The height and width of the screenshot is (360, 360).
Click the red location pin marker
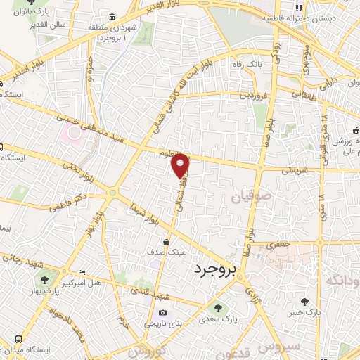coord(181,164)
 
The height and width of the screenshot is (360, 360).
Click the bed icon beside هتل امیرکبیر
coord(83,271)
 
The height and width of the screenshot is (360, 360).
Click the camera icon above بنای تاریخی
coord(163,313)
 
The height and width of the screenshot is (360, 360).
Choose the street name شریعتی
coord(295,170)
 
